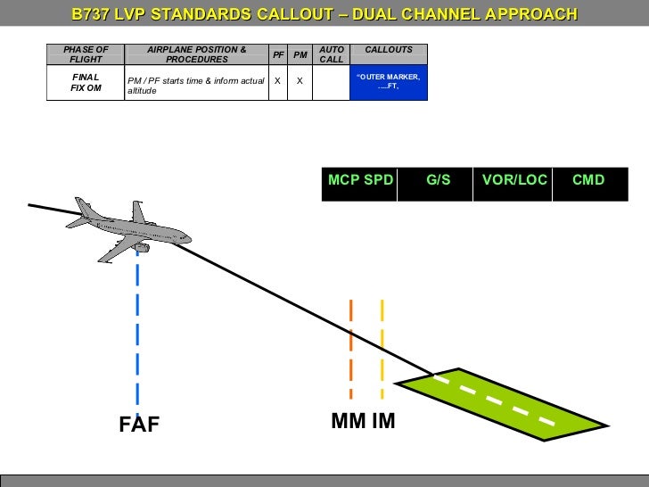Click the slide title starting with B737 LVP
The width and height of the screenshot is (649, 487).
pos(324,14)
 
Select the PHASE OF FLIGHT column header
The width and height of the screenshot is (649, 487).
pos(86,54)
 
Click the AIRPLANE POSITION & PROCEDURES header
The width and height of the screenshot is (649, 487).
pos(197,54)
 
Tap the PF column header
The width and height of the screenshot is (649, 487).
pos(278,54)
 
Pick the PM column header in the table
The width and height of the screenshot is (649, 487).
pos(300,54)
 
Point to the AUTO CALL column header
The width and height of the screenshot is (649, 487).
pos(332,54)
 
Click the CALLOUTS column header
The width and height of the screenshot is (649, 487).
pos(389,50)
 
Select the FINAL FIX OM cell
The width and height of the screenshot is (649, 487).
pos(86,83)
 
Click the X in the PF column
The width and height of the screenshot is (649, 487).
pos(278,80)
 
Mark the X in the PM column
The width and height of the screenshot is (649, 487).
pos(300,80)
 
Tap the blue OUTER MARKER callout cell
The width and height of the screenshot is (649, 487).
pos(389,82)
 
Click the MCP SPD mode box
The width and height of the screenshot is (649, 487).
pos(360,180)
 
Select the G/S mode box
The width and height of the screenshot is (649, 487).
pos(438,180)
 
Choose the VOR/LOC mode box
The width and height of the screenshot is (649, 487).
pos(514,180)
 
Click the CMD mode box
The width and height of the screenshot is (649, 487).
pos(588,180)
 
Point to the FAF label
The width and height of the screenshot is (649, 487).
pos(140,425)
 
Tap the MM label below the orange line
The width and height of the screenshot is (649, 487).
pos(349,420)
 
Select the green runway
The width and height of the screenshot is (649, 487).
pos(503,404)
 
